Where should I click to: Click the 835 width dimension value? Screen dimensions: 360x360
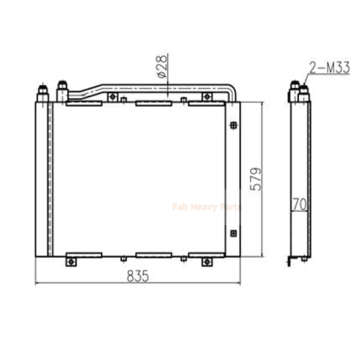137,277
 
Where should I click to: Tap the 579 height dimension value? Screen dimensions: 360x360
255,179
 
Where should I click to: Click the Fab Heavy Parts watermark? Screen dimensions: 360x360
206,207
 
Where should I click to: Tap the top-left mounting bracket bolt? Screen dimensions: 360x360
112,97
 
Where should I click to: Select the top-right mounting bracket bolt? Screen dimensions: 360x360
207,97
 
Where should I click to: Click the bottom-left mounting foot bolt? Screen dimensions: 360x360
71,261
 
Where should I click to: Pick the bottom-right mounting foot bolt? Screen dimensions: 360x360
207,261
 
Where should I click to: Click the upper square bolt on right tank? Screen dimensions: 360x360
233,126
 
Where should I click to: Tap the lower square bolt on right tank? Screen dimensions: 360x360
233,233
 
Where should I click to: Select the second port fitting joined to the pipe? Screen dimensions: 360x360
62,92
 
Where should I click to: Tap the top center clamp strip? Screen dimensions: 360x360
153,104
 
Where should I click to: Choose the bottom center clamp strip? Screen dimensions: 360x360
153,255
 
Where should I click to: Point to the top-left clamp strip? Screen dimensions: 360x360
84,104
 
